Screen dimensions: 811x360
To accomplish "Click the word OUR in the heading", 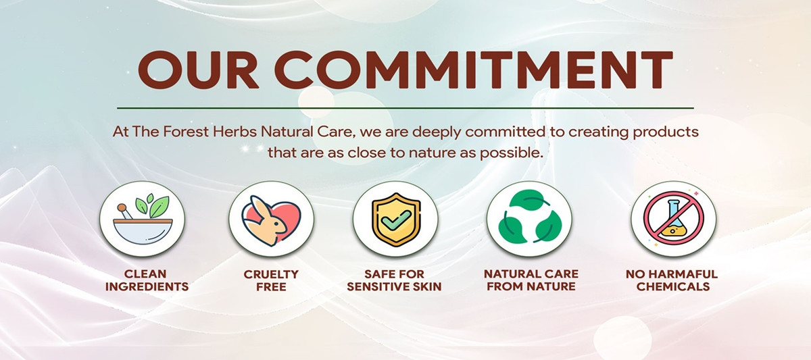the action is [199, 70].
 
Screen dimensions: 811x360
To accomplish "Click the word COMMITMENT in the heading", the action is [473, 70].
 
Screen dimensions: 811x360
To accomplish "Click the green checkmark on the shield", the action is [395, 220].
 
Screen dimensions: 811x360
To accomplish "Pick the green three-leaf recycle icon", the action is [530, 217].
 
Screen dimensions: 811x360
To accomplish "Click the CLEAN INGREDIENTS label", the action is [147, 280].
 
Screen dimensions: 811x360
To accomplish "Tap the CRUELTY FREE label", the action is [271, 280].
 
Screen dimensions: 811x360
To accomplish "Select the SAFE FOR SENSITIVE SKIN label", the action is [394, 280].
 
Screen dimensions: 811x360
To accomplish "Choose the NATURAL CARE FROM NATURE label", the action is [531, 280].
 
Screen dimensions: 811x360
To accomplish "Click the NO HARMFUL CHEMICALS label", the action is [672, 280].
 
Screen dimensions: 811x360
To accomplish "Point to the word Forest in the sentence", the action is [186, 132].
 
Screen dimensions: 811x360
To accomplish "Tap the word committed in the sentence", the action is [505, 132].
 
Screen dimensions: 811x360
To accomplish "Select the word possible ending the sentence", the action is [512, 153].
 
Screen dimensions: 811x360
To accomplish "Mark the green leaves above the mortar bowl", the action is [152, 205].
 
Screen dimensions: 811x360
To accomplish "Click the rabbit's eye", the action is [277, 224].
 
